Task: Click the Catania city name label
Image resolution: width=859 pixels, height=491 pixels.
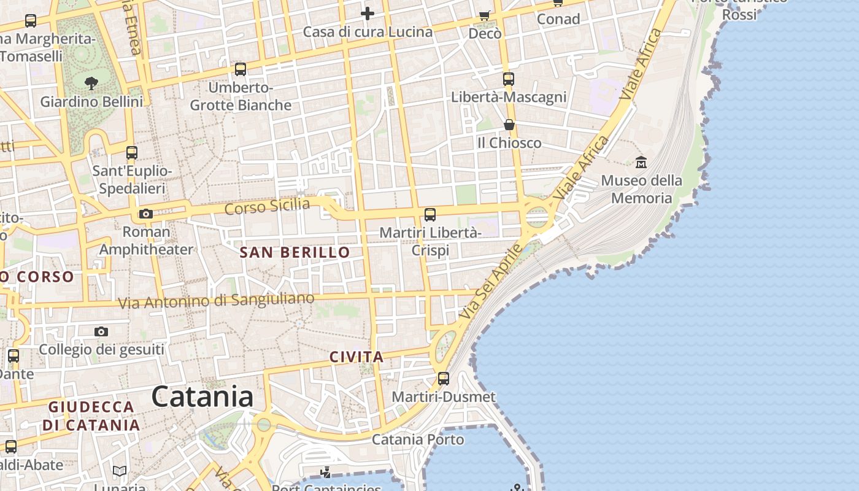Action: click(x=202, y=396)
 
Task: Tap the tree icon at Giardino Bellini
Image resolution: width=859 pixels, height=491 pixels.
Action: click(x=91, y=83)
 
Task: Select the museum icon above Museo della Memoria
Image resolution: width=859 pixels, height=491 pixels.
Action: click(x=641, y=163)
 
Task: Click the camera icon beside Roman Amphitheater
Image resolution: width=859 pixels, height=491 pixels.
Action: click(x=145, y=214)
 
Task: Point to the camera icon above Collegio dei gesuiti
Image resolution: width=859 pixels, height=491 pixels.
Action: click(x=101, y=332)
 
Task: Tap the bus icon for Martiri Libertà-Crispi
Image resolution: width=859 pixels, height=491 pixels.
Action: click(x=430, y=215)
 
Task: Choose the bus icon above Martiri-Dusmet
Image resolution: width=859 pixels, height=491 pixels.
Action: click(x=444, y=379)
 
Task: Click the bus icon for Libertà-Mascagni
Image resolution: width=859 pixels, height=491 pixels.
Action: click(x=509, y=79)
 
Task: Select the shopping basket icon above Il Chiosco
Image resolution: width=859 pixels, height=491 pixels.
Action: click(x=509, y=125)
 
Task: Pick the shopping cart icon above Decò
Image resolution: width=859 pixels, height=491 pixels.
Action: click(x=485, y=15)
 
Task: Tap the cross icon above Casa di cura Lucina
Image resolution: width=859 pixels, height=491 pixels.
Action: click(x=368, y=13)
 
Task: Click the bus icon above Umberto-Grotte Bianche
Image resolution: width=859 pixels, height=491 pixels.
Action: click(x=241, y=69)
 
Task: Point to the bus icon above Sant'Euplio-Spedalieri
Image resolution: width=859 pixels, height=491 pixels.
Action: click(x=132, y=153)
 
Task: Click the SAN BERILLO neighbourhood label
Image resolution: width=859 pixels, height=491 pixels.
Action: click(x=295, y=252)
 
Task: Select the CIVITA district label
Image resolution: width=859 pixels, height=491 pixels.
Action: click(x=356, y=357)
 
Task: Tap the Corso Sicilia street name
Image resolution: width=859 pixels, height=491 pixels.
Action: click(x=267, y=206)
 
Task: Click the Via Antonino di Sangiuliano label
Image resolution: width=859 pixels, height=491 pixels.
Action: click(x=216, y=301)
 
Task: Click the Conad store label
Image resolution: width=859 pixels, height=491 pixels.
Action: click(x=558, y=19)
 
